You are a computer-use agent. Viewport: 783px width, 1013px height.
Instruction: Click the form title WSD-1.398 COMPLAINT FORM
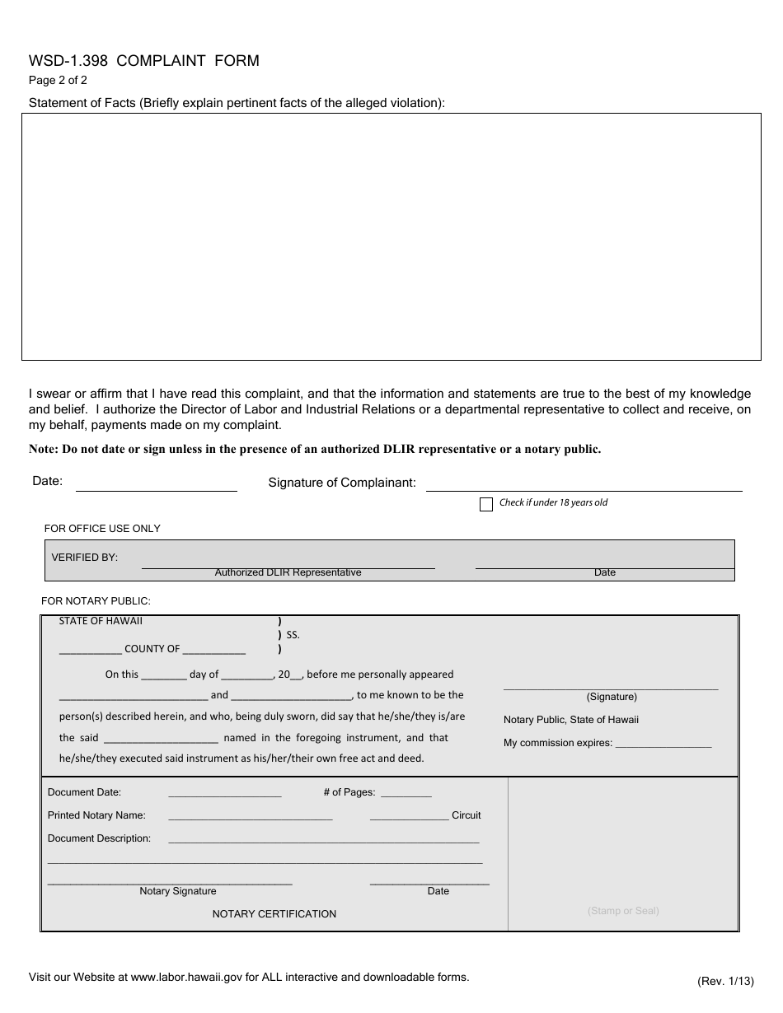(144, 60)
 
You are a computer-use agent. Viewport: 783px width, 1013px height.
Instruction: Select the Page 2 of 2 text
(58, 81)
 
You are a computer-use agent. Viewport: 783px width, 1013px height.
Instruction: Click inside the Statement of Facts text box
(391, 236)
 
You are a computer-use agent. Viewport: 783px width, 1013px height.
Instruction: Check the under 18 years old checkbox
(486, 504)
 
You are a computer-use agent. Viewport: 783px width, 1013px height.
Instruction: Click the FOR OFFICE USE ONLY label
(102, 529)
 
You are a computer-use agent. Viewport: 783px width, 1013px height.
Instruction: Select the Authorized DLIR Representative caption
(288, 572)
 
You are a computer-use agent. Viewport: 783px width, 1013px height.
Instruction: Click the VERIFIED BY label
(85, 558)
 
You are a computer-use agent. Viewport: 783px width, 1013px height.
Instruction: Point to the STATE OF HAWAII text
(101, 621)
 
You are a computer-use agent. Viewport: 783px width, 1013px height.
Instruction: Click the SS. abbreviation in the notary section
(293, 635)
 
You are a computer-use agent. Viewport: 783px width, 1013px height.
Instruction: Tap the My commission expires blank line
(663, 743)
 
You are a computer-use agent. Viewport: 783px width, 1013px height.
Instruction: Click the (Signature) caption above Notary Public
(612, 697)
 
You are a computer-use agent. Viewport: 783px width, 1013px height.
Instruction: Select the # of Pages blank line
(406, 793)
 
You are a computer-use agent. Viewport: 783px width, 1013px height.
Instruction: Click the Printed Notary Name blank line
(250, 816)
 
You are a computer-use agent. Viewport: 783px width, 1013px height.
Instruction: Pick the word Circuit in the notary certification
(466, 815)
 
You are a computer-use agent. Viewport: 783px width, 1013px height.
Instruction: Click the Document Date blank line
(224, 793)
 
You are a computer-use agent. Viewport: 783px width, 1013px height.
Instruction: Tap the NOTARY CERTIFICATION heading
(274, 914)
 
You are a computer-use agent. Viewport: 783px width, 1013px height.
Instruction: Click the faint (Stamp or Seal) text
(623, 911)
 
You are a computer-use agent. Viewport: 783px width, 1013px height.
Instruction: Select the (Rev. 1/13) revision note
(725, 981)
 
